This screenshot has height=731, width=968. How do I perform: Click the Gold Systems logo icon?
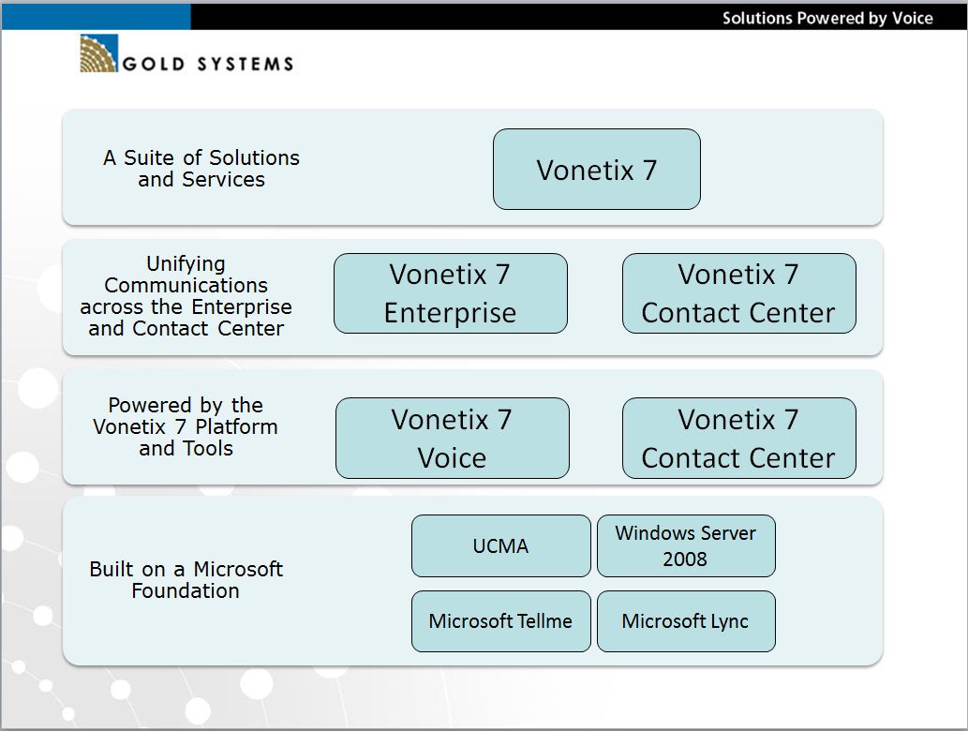point(98,53)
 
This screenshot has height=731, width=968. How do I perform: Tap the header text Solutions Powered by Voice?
point(827,18)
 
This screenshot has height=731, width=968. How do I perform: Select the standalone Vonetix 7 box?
point(596,170)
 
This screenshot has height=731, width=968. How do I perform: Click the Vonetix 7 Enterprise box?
point(450,293)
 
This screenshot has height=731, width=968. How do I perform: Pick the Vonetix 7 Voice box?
point(452,438)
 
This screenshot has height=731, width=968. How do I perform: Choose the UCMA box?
point(500,545)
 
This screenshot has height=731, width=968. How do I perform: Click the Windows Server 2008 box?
point(686,545)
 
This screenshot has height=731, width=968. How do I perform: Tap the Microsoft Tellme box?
point(500,621)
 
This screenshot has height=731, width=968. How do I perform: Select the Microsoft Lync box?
point(686,621)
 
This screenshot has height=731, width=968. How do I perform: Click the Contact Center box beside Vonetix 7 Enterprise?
point(739,293)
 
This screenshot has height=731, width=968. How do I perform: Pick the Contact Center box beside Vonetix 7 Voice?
point(739,438)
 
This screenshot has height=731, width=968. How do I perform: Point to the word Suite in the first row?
point(149,157)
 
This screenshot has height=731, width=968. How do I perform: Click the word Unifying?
point(186,264)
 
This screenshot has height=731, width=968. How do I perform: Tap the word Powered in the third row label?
point(150,405)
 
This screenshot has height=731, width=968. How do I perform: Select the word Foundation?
point(186,590)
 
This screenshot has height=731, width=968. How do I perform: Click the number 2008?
point(685,559)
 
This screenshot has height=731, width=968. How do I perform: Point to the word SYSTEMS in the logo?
point(246,65)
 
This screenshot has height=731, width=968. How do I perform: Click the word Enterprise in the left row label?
point(242,307)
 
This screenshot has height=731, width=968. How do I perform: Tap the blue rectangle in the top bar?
point(97,17)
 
